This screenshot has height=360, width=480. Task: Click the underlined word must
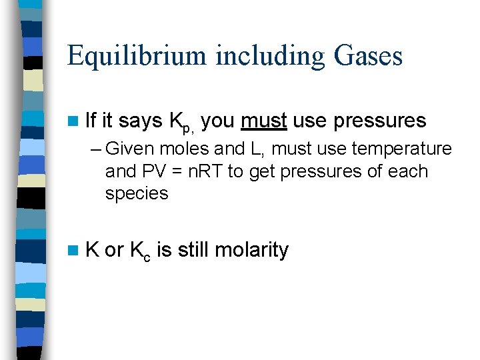click(x=264, y=121)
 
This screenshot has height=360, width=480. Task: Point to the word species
click(x=137, y=194)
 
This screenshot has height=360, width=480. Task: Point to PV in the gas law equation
click(x=151, y=171)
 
